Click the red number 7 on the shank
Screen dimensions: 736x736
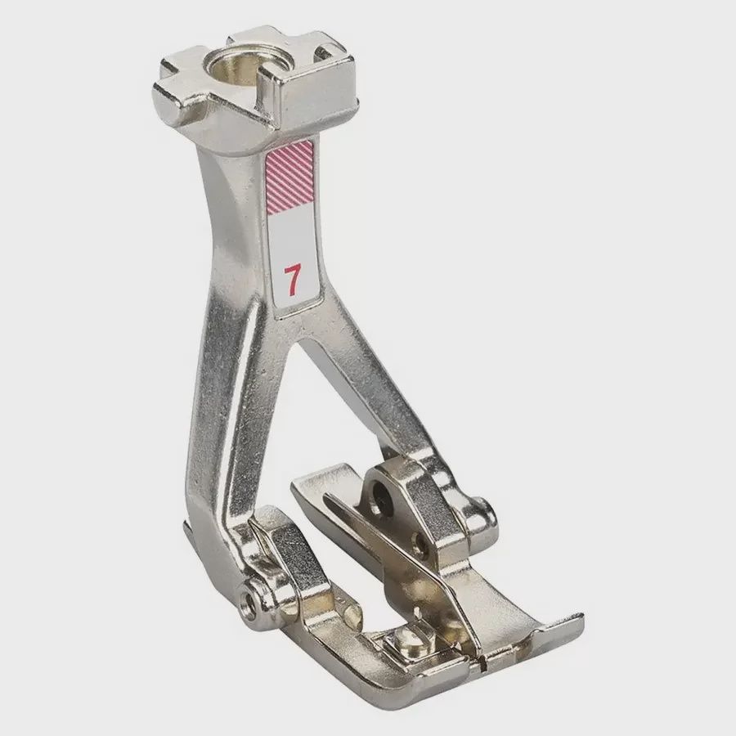coord(290,280)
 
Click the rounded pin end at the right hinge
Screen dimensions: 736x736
coord(487,514)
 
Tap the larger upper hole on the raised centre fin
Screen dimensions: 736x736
coord(381,491)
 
